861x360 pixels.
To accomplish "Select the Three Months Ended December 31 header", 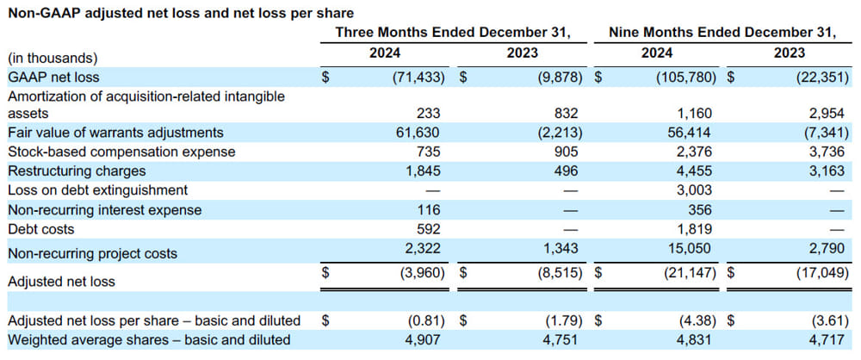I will (x=454, y=33).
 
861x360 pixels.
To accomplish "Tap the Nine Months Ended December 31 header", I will (x=722, y=33).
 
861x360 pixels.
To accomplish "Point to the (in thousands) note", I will (x=53, y=58).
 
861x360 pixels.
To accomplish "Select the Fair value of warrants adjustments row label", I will (x=115, y=133).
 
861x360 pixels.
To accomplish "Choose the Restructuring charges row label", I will (x=77, y=171).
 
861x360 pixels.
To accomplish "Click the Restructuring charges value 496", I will (x=566, y=171).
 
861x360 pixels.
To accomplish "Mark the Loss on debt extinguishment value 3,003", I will (x=691, y=189).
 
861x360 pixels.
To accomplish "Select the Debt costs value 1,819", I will (x=691, y=229).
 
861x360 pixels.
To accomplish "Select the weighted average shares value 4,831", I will (x=691, y=339).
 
